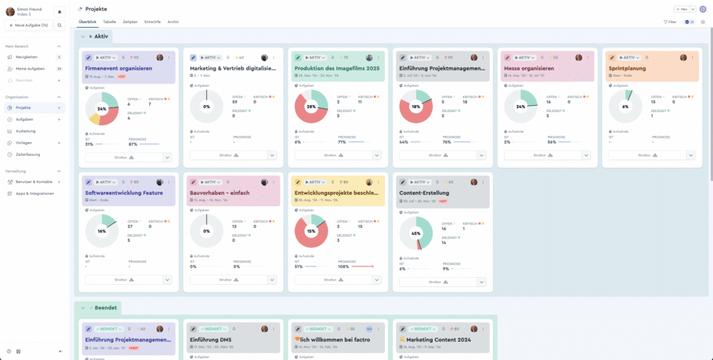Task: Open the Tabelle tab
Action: (x=109, y=22)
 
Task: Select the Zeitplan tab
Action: (x=130, y=22)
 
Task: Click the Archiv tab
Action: (x=173, y=22)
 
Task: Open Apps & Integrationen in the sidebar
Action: (x=34, y=193)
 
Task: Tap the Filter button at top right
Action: (x=670, y=22)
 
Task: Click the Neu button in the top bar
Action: (x=682, y=9)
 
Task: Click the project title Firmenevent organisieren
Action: (x=118, y=69)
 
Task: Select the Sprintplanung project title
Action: (x=627, y=69)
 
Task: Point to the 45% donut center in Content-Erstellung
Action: (x=415, y=233)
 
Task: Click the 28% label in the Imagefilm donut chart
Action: (x=311, y=107)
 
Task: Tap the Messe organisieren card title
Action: (x=528, y=69)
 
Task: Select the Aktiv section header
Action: (x=100, y=36)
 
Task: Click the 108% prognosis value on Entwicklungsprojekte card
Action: (x=343, y=267)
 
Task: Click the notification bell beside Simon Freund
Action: (x=59, y=11)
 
